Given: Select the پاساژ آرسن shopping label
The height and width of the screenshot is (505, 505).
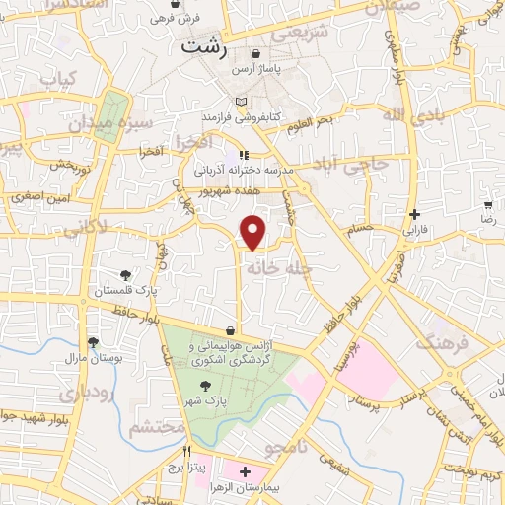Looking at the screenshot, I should coord(256,70).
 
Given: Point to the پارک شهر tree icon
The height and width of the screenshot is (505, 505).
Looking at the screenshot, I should coord(205,386).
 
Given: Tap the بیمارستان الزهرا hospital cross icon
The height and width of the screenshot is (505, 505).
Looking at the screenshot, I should coord(245,473).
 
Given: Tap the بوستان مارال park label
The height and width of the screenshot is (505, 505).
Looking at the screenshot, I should coord(91,359).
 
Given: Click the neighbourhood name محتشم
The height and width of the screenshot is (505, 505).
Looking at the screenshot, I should coord(157,428).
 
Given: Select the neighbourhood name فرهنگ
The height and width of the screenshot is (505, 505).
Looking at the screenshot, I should coord(441,342).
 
